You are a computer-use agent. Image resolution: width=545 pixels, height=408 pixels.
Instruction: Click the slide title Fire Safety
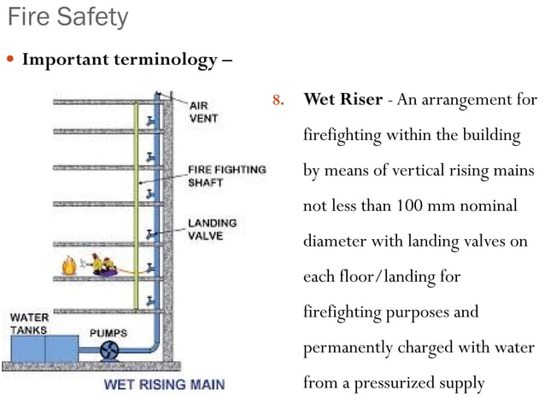pyautogui.click(x=67, y=17)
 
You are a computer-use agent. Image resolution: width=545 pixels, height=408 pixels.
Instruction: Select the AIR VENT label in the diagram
pyautogui.click(x=203, y=111)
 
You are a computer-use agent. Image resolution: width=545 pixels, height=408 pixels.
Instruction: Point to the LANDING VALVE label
pyautogui.click(x=211, y=230)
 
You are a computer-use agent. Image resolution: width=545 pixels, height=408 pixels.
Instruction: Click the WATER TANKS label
pyautogui.click(x=29, y=323)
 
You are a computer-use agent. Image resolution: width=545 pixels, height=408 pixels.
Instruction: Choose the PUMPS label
pyautogui.click(x=109, y=331)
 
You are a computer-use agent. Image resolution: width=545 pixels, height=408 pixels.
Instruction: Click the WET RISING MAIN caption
pyautogui.click(x=164, y=384)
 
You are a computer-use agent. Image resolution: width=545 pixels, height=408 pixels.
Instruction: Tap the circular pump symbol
pyautogui.click(x=109, y=349)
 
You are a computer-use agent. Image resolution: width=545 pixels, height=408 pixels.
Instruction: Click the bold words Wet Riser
pyautogui.click(x=340, y=101)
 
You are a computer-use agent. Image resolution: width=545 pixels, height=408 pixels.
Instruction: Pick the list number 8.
pyautogui.click(x=277, y=101)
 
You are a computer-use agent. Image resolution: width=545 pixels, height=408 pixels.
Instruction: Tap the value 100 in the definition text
pyautogui.click(x=407, y=206)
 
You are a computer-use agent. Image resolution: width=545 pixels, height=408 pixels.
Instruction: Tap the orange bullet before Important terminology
pyautogui.click(x=10, y=61)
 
